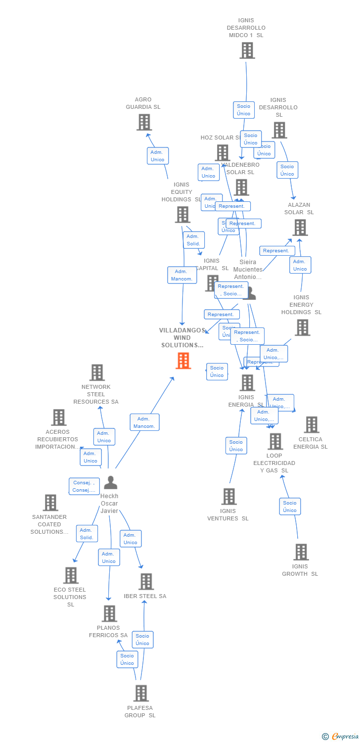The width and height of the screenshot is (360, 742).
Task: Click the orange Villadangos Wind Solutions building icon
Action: [x=183, y=361]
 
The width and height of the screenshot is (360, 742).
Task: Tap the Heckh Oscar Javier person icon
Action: [x=110, y=482]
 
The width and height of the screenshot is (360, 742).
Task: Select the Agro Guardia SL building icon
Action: [x=144, y=122]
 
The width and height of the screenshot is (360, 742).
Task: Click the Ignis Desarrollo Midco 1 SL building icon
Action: [x=247, y=50]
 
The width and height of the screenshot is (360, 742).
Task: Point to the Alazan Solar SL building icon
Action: [x=300, y=228]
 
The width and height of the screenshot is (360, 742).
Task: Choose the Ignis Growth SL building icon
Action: [x=301, y=552]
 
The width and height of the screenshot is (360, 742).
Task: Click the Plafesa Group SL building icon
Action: [x=141, y=694]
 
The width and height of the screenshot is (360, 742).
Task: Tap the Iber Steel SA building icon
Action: [x=146, y=582]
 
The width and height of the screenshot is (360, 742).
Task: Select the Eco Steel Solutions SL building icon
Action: [x=71, y=575]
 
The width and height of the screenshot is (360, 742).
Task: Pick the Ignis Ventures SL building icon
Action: [x=228, y=496]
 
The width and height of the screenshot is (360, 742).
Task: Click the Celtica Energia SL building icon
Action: [x=311, y=424]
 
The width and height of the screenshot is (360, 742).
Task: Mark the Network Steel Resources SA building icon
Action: [x=97, y=372]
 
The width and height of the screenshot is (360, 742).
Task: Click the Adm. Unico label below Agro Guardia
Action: [x=158, y=156]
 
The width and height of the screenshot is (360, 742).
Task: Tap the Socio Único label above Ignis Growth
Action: [x=290, y=507]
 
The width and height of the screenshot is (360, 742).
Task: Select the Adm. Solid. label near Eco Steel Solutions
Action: [x=87, y=534]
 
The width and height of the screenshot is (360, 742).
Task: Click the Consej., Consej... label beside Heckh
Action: [x=84, y=486]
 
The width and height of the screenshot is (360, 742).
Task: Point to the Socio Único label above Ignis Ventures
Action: [x=236, y=446]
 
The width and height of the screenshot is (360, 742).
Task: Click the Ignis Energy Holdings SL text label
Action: [x=301, y=305]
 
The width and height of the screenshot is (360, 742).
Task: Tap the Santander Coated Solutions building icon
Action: [x=50, y=503]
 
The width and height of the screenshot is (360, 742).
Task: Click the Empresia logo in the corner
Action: [x=341, y=737]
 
